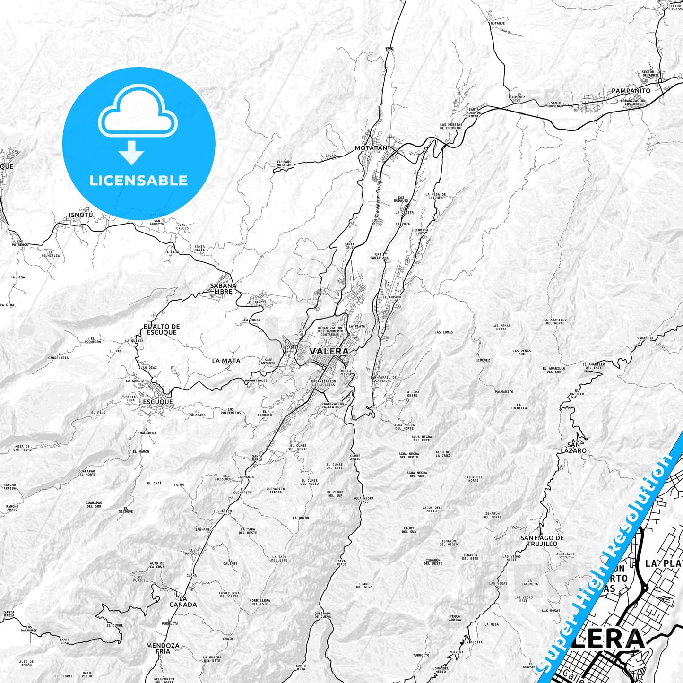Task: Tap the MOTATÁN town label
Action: (371, 148)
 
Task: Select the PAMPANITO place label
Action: (631, 91)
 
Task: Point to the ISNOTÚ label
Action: (81, 215)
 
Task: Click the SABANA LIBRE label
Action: (224, 288)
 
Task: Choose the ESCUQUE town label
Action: (157, 402)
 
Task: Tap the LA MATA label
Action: (226, 361)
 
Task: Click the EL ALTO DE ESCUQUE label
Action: (162, 329)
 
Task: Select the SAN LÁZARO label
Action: (577, 448)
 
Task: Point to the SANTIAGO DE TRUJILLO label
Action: (542, 541)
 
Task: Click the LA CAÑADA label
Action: (183, 601)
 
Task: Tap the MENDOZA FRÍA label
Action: (163, 648)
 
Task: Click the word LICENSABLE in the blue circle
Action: (138, 181)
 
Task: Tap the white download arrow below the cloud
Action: (131, 152)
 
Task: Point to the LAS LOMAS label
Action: (444, 332)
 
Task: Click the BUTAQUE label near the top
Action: (497, 23)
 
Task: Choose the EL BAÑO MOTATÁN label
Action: (284, 164)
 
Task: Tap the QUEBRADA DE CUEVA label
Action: (322, 615)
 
